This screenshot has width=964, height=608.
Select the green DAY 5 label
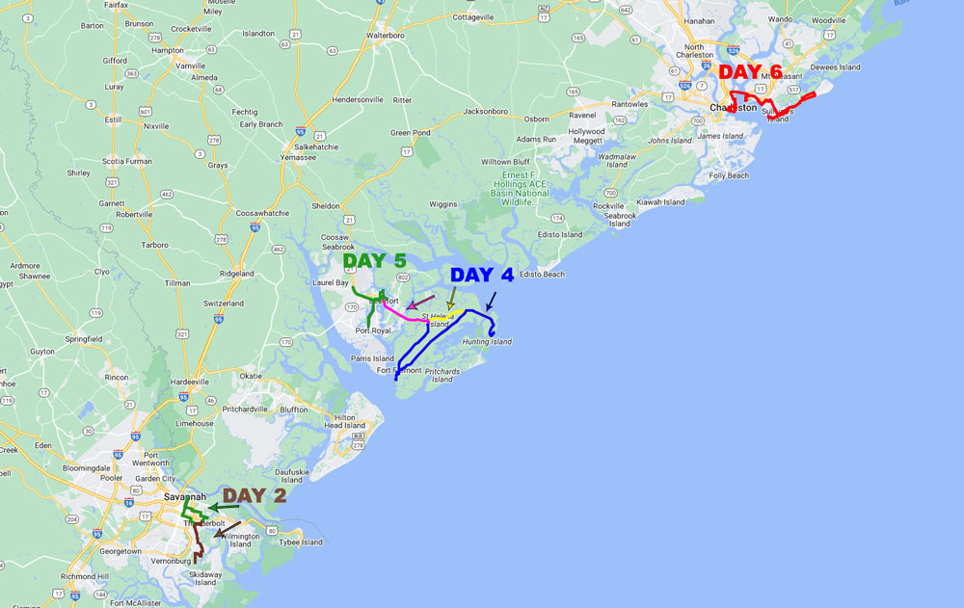(x=375, y=261)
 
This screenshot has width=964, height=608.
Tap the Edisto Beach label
(x=542, y=274)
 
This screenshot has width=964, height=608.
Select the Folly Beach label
(x=729, y=175)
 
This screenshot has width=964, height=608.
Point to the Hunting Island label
(x=487, y=342)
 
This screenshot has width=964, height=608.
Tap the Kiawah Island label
(x=660, y=202)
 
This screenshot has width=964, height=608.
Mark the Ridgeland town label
(x=237, y=274)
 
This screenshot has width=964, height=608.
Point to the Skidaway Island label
(x=205, y=578)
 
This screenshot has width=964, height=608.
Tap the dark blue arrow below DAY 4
(x=491, y=301)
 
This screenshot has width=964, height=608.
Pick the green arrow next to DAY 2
(x=224, y=507)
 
